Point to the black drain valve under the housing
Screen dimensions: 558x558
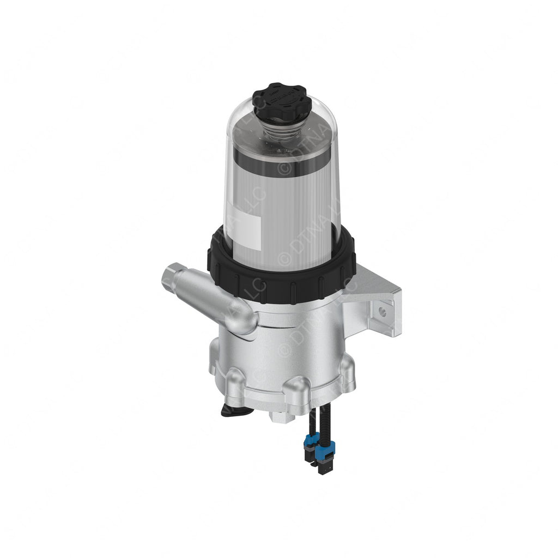pyautogui.click(x=235, y=410)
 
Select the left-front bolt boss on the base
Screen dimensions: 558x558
pyautogui.click(x=235, y=381)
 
